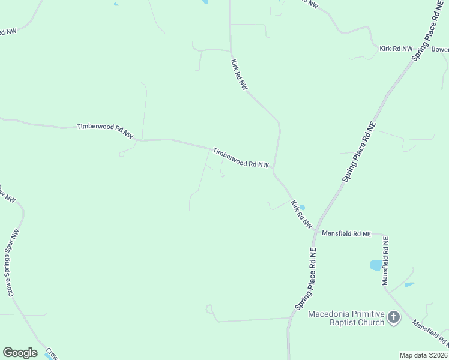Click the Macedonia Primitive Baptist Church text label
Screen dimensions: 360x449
coord(346,318)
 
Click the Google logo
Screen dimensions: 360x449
coord(20,353)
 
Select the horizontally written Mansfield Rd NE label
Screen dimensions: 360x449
coord(346,233)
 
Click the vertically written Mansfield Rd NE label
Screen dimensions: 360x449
coord(385,260)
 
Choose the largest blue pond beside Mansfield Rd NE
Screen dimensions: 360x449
coord(376,265)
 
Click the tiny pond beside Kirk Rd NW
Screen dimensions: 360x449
coord(302,208)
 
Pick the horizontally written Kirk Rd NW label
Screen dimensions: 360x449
coord(396,48)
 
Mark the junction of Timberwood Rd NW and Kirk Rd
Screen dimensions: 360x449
coord(274,170)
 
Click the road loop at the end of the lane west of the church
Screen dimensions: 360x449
coord(209,309)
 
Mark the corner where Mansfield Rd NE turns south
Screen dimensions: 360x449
coord(385,235)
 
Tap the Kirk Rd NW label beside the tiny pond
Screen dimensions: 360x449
coord(301,214)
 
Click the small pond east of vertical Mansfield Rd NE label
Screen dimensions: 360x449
coord(409,284)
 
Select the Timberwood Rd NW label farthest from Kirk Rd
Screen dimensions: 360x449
coord(105,131)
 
